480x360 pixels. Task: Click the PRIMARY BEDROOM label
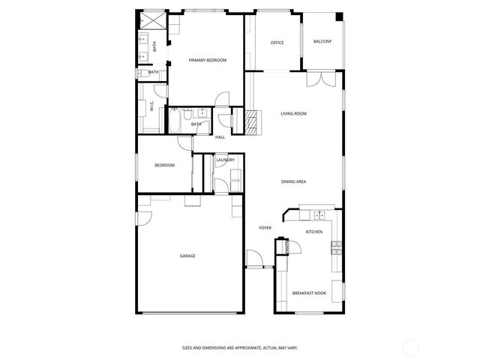tap(208, 60)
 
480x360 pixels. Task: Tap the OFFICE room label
tap(277, 43)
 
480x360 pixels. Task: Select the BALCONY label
tap(322, 41)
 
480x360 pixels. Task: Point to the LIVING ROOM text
tap(293, 113)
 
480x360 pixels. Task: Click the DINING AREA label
tap(293, 181)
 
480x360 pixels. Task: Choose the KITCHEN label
tap(314, 232)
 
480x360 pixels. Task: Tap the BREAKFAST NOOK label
tap(308, 292)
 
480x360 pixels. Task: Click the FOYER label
tap(265, 227)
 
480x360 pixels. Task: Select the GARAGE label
tap(187, 256)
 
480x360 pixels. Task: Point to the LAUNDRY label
tap(226, 160)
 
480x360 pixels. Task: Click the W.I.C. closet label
tap(151, 107)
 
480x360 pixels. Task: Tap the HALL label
tap(220, 137)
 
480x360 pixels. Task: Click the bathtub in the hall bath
tap(175, 121)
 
